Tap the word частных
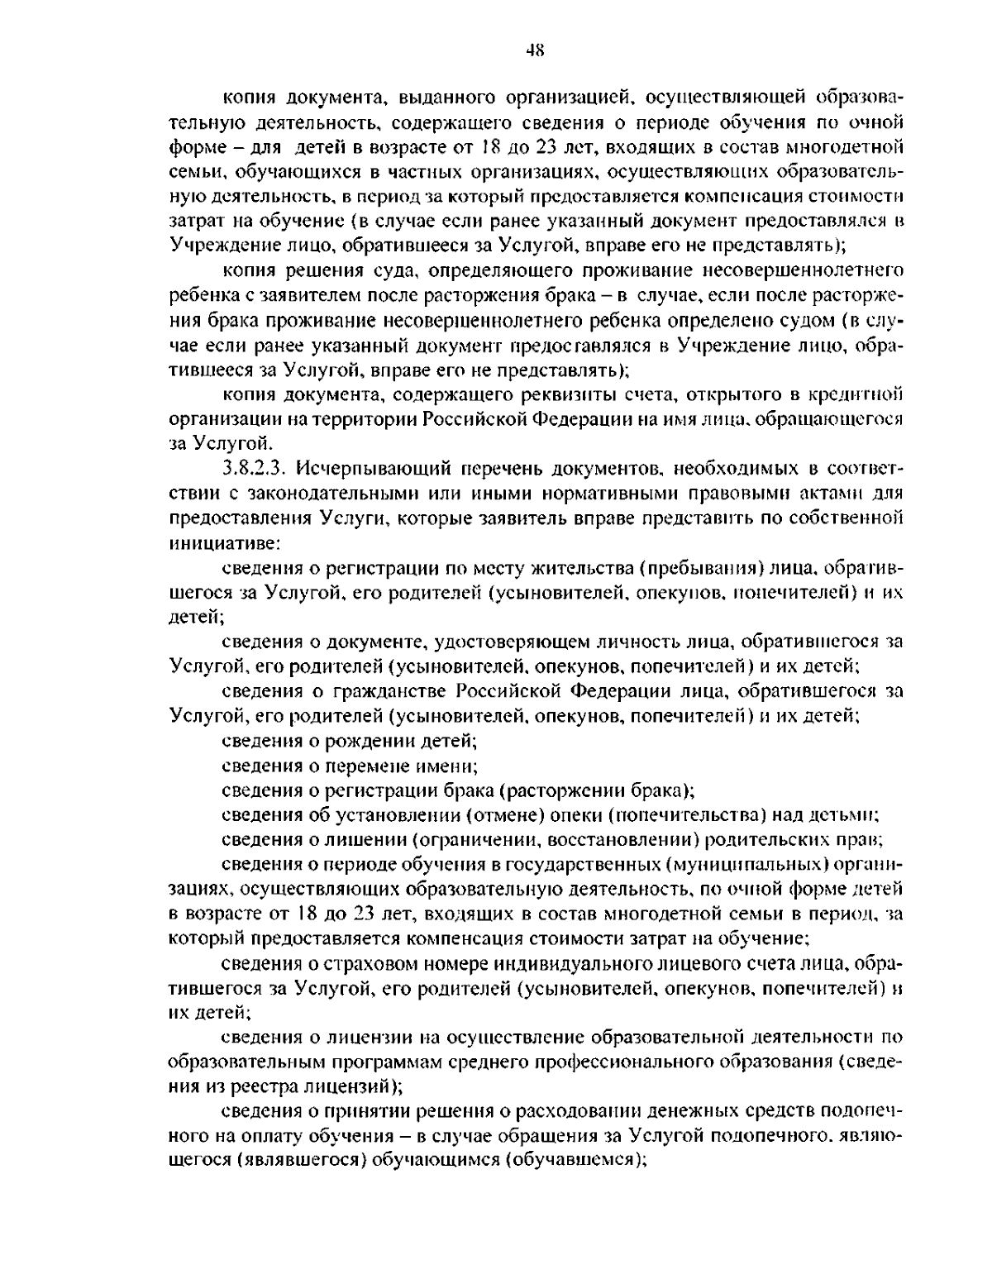point(432,173)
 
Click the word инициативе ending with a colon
point(227,542)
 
